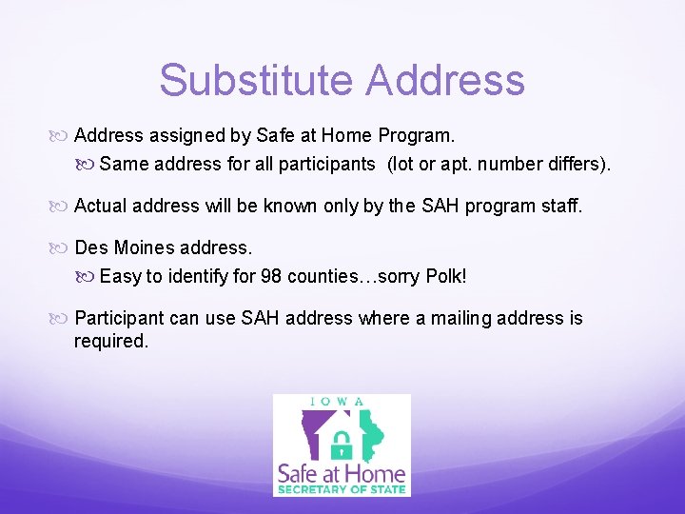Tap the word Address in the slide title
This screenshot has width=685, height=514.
pyautogui.click(x=445, y=80)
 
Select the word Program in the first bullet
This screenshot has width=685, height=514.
pyautogui.click(x=417, y=135)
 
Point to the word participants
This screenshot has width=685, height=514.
pyautogui.click(x=326, y=164)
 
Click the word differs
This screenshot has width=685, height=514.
pyautogui.click(x=576, y=164)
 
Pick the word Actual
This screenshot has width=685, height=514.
pyautogui.click(x=102, y=206)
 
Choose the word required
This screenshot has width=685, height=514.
pyautogui.click(x=111, y=341)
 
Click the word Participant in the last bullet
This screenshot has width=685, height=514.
pyautogui.click(x=121, y=318)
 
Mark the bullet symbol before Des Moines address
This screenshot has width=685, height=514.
pyautogui.click(x=62, y=248)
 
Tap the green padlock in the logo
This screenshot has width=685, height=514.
pyautogui.click(x=342, y=442)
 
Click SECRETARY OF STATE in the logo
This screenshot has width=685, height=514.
pyautogui.click(x=342, y=489)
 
